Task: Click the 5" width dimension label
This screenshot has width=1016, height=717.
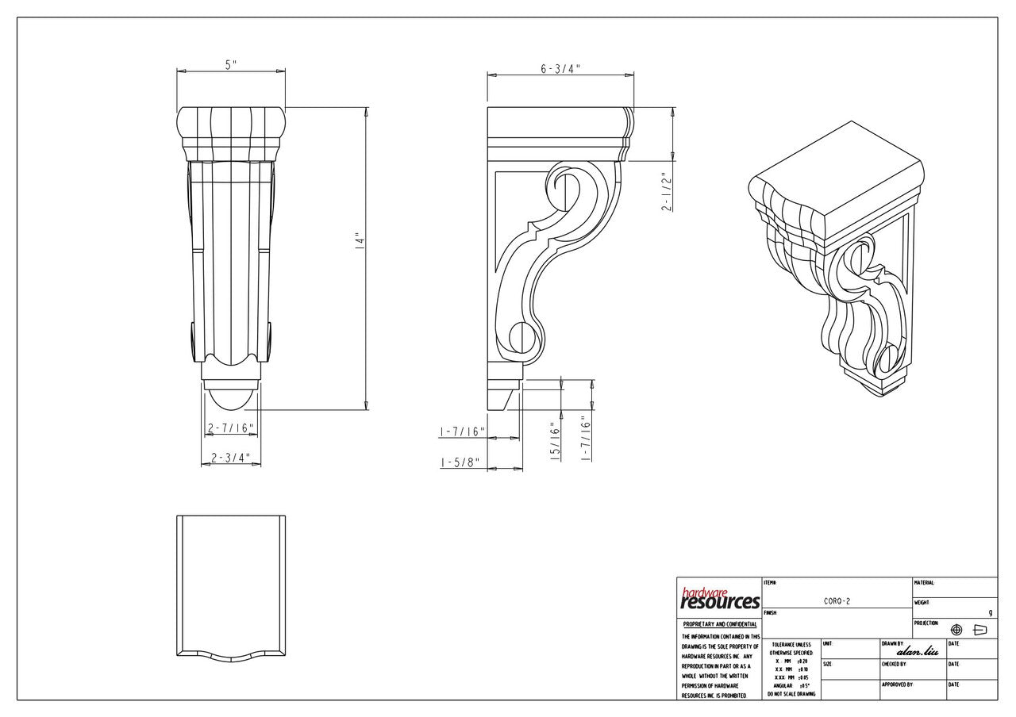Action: click(230, 65)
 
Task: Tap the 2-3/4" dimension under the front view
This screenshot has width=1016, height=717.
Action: click(230, 458)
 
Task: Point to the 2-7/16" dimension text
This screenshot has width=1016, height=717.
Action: click(230, 428)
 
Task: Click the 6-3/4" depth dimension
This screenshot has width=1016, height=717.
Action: click(560, 69)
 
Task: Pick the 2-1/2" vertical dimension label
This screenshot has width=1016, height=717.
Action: click(668, 191)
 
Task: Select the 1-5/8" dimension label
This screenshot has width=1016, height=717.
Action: click(461, 463)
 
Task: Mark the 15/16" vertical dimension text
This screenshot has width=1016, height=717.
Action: click(556, 441)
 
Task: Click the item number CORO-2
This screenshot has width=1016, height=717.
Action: click(837, 601)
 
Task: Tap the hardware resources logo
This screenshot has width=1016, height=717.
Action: click(719, 599)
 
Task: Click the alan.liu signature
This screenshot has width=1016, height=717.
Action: click(917, 652)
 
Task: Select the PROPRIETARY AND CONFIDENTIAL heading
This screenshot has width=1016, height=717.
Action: click(720, 624)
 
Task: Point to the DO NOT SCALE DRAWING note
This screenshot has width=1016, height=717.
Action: click(791, 693)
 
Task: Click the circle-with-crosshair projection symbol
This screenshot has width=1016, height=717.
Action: click(956, 629)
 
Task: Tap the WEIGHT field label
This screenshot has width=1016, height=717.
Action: click(923, 603)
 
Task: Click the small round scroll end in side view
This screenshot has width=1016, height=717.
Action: click(520, 336)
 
